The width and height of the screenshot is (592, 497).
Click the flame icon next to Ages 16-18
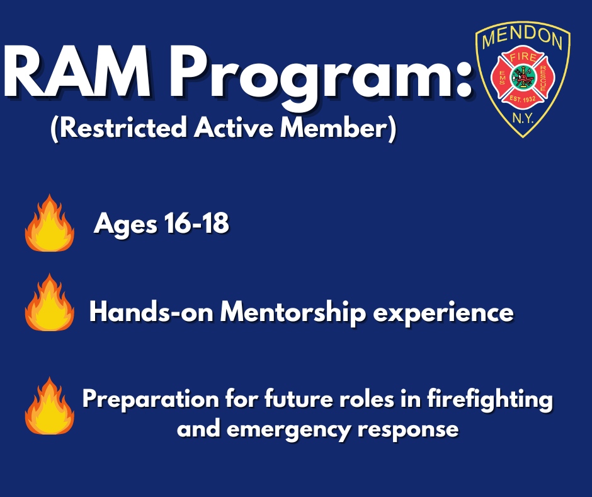click(x=49, y=223)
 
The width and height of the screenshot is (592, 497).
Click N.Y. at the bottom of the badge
click(x=522, y=117)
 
